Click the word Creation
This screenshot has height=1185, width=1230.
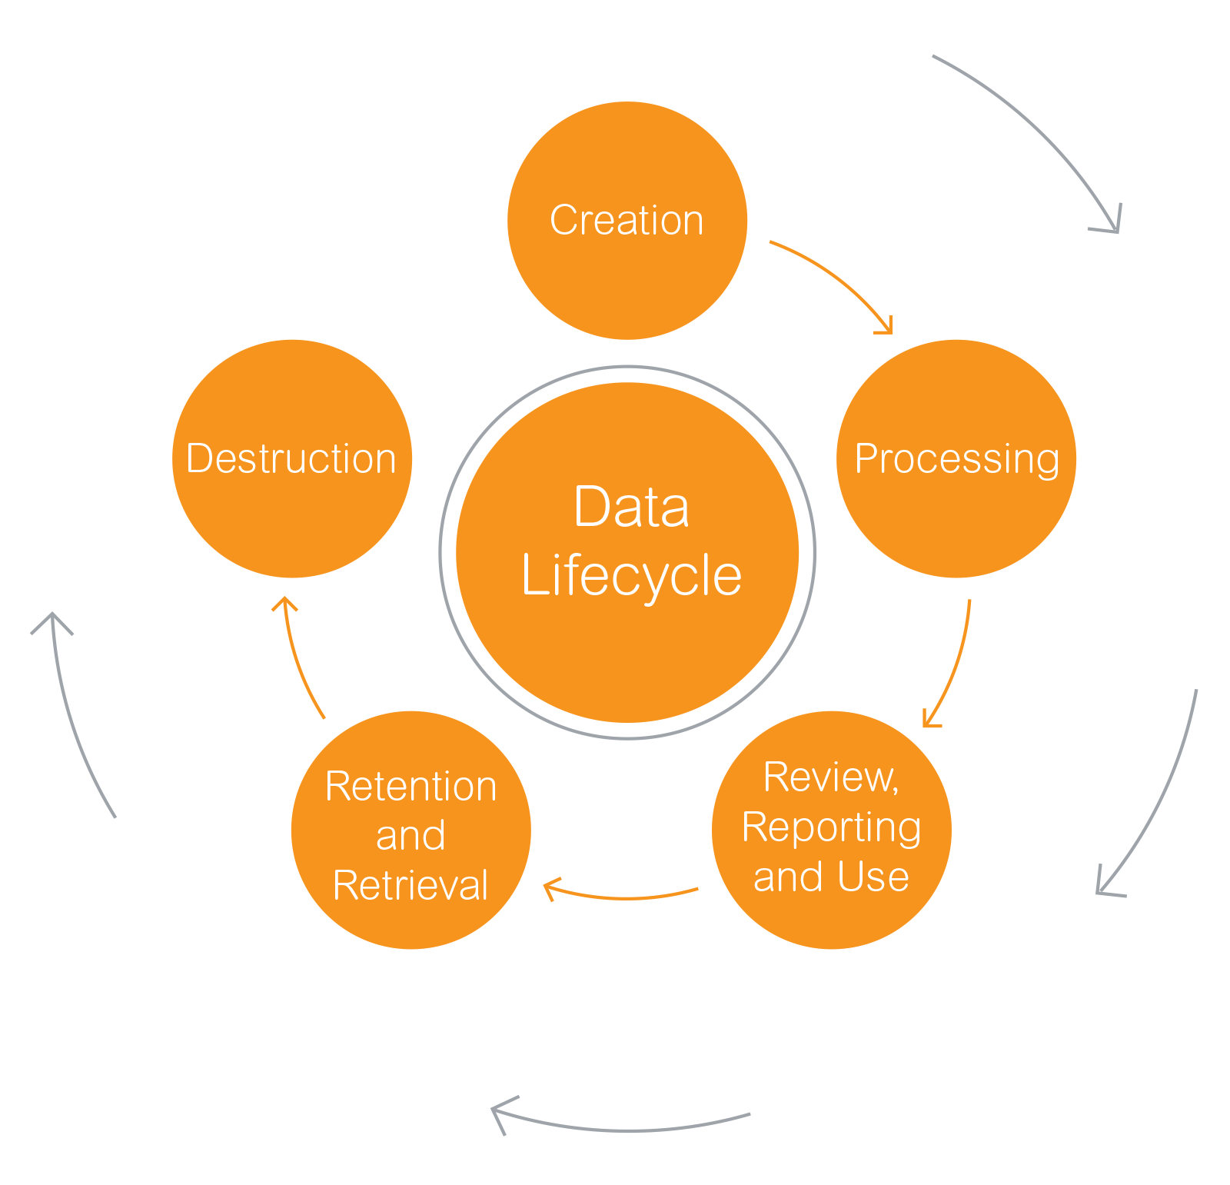coord(627,221)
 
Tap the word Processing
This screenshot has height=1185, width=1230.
coord(956,459)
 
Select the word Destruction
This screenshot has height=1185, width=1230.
coord(291,459)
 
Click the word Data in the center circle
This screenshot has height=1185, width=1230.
coord(631,508)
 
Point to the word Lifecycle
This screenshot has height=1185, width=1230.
coord(631,575)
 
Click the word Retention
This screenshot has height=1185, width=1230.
coord(411,787)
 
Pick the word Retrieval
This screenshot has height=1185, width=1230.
coord(411,885)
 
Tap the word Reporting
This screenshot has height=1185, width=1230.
coord(831,828)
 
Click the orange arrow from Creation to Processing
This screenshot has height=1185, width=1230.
coord(838,277)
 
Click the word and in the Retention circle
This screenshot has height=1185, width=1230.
coord(411,836)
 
